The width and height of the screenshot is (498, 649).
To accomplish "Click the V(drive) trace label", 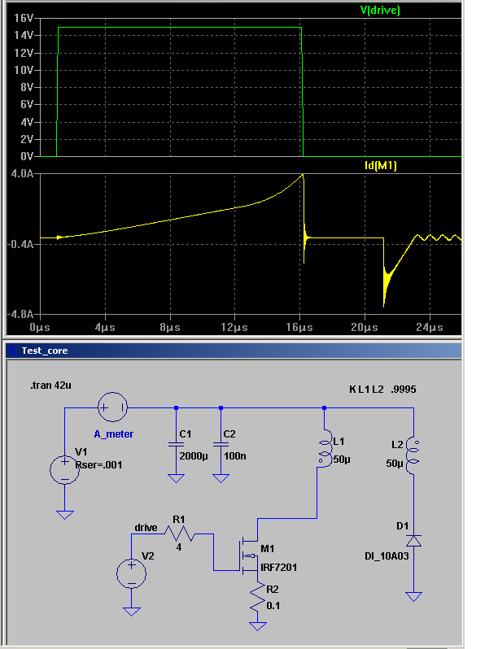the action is [x=380, y=11].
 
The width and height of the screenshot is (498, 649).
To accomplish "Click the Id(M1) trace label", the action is [x=381, y=166].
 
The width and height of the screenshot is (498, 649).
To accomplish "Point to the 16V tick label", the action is [x=23, y=18].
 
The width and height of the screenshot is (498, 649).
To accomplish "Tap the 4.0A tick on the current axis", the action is [x=22, y=173].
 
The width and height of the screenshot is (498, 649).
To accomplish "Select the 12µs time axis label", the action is [x=234, y=328].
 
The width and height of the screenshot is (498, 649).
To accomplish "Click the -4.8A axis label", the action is [x=20, y=314].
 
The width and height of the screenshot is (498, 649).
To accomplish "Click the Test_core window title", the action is [x=45, y=351].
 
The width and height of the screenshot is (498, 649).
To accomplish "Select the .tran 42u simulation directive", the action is [x=51, y=385].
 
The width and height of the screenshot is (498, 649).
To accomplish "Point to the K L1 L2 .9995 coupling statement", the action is [x=382, y=390].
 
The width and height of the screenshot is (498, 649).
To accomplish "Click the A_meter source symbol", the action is [x=112, y=407].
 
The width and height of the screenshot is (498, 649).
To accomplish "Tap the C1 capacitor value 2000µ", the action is [x=194, y=456].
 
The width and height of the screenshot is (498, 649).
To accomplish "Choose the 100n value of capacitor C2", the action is [x=234, y=456].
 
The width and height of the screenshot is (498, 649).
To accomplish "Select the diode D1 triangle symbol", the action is [x=413, y=541].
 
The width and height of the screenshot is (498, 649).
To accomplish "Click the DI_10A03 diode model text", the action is [x=387, y=555].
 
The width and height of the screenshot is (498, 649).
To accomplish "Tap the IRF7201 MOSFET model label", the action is [x=278, y=567].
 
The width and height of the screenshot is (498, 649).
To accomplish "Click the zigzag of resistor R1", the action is [x=179, y=534].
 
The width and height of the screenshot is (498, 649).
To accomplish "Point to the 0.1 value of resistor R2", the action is [x=273, y=606].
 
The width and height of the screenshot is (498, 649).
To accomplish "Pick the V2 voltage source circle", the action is [x=131, y=573].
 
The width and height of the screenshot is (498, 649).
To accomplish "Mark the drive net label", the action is [x=146, y=528].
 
